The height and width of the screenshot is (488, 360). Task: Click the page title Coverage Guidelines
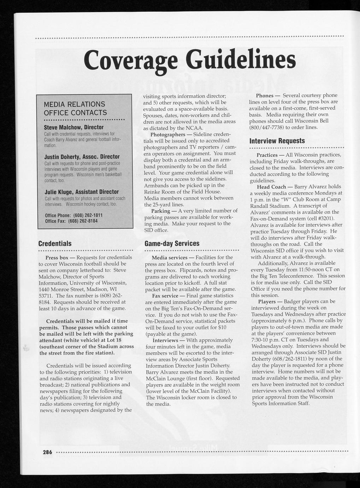(190, 60)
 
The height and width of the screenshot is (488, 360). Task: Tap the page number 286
(47, 452)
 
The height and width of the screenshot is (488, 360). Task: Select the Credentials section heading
(55, 244)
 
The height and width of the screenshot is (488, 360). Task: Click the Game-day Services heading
(172, 244)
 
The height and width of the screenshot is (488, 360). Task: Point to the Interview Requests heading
(277, 141)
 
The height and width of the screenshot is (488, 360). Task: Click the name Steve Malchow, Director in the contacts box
(73, 127)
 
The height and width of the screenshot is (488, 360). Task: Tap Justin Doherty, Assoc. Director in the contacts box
(82, 156)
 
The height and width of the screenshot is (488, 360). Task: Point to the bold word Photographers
(168, 135)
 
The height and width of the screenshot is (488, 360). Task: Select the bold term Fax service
(165, 296)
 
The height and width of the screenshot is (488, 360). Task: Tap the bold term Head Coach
(271, 187)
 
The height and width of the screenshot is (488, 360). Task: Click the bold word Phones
(265, 95)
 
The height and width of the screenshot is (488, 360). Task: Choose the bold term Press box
(57, 257)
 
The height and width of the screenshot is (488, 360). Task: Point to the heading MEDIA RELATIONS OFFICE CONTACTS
(75, 109)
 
